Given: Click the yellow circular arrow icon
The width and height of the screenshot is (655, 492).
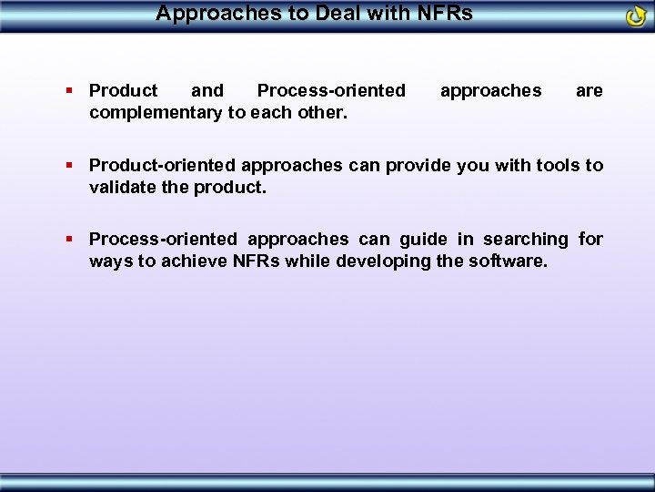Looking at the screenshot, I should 636,16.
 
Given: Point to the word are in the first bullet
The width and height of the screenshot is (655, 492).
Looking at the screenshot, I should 589,90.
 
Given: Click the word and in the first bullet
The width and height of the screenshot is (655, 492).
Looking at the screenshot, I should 207,90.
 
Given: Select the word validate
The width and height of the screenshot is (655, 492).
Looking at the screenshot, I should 126,187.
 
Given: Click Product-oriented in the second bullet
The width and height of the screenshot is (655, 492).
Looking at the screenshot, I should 160,165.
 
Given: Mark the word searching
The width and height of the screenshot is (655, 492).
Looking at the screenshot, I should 525,240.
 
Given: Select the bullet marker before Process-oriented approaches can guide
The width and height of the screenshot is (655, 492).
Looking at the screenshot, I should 70,240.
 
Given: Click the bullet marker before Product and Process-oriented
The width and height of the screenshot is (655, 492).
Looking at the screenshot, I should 70,90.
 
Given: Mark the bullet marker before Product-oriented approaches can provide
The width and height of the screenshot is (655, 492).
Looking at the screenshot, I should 70,165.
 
